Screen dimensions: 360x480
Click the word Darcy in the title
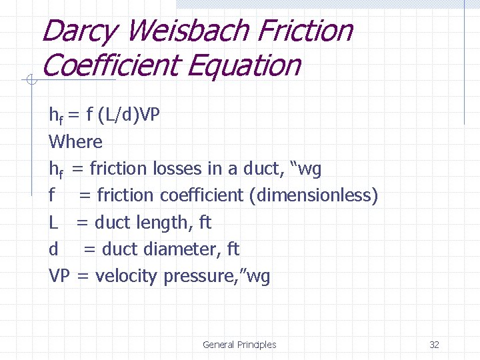[79, 31]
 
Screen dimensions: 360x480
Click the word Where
[76, 141]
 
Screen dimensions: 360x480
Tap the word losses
[178, 169]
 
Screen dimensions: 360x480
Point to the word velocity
[129, 276]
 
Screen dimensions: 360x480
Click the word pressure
[208, 276]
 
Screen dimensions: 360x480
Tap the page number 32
[434, 345]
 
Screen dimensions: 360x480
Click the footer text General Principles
[239, 345]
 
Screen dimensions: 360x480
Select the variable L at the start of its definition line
[53, 223]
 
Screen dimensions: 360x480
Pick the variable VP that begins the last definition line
[59, 276]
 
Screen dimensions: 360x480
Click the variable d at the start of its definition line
[54, 249]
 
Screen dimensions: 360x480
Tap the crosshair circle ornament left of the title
[29, 81]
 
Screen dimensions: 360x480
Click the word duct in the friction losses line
[266, 169]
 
